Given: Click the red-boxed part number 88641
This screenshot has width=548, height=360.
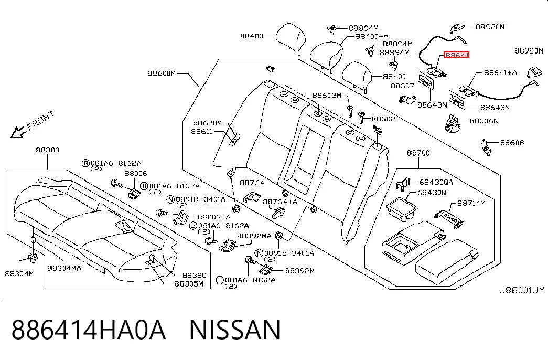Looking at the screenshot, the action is (x=456, y=55).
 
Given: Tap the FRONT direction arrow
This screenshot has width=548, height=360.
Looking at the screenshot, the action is (x=18, y=132).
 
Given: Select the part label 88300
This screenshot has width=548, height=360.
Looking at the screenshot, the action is (x=48, y=150).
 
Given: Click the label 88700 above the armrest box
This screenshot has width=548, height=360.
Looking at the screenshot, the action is (x=418, y=153).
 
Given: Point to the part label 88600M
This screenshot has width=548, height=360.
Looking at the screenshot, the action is (x=162, y=73).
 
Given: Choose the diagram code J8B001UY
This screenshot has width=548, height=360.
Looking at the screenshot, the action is (x=521, y=290).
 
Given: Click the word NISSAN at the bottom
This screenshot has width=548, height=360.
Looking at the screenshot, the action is (x=234, y=330).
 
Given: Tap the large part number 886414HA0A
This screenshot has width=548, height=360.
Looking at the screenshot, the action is (x=89, y=330).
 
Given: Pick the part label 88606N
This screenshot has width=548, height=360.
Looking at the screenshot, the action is (x=484, y=121).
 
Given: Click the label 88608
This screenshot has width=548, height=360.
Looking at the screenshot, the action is (x=512, y=142).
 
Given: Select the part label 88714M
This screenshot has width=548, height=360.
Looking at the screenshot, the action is (x=471, y=203).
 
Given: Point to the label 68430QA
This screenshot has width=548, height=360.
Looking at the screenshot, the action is (x=436, y=182).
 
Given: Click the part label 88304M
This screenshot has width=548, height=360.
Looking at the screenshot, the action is (x=19, y=273).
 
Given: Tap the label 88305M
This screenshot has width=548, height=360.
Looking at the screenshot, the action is (x=189, y=284).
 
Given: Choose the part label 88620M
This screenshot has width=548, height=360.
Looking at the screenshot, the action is (x=207, y=123).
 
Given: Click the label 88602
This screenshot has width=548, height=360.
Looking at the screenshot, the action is (x=383, y=119).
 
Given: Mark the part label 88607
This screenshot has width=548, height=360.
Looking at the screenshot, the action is (x=402, y=86).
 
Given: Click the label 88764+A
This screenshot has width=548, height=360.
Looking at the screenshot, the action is (x=280, y=202).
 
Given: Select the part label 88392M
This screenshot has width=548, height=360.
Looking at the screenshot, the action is (x=300, y=270).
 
